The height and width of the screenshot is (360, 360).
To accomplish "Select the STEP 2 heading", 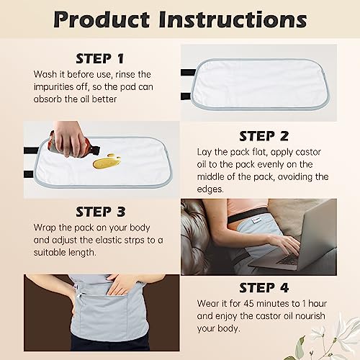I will pos(263,136).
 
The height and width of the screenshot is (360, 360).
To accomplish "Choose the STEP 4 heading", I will pos(263,288).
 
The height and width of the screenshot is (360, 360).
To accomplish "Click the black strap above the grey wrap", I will pos(248,214).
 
